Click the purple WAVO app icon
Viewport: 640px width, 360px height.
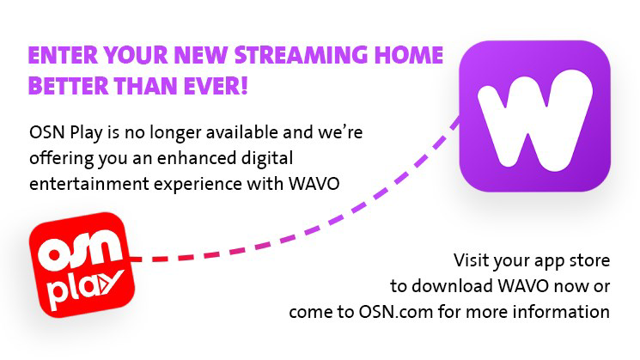pyautogui.click(x=534, y=115)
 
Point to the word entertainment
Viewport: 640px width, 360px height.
pyautogui.click(x=83, y=182)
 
